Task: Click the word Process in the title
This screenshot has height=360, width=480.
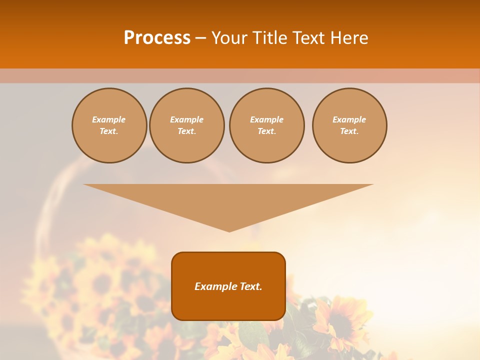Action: [157, 38]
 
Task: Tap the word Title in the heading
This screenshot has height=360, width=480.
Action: [268, 38]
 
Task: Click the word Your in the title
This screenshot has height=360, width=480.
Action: [229, 38]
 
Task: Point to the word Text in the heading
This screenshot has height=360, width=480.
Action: [308, 38]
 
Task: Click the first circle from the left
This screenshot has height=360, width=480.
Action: [109, 125]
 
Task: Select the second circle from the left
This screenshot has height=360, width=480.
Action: [186, 125]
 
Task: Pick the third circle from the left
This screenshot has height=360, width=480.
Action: [266, 125]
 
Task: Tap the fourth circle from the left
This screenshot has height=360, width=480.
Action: [349, 125]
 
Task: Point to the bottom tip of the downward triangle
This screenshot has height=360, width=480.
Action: [229, 231]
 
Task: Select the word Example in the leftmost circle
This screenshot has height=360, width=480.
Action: [109, 119]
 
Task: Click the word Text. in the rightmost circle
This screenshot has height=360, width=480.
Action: [349, 131]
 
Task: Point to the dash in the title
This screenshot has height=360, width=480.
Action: [201, 38]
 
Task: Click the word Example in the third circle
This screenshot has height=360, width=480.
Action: [266, 119]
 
